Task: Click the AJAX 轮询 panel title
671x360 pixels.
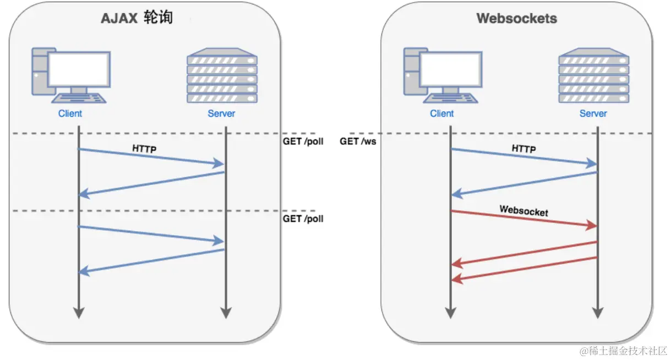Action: point(137,18)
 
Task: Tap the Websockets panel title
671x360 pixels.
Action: point(516,18)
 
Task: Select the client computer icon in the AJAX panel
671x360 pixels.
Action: point(69,75)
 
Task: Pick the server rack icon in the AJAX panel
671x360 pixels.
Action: point(222,75)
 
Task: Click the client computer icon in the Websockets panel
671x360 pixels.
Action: point(442,75)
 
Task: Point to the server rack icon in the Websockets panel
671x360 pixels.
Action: point(593,75)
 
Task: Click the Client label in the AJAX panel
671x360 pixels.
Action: point(70,113)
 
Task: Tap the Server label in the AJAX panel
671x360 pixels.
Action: point(221,113)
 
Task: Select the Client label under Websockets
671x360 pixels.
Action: point(442,113)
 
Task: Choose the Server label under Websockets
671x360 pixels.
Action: point(593,113)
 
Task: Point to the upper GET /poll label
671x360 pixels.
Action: point(303,141)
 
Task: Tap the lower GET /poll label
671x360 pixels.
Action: point(303,219)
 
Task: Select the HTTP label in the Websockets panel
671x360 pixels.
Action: point(523,148)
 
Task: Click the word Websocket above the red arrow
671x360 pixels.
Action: point(523,210)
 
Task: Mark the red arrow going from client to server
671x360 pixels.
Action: point(523,219)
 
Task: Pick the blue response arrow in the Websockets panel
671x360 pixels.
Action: point(523,183)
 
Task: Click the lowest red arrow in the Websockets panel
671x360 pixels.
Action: point(523,269)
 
